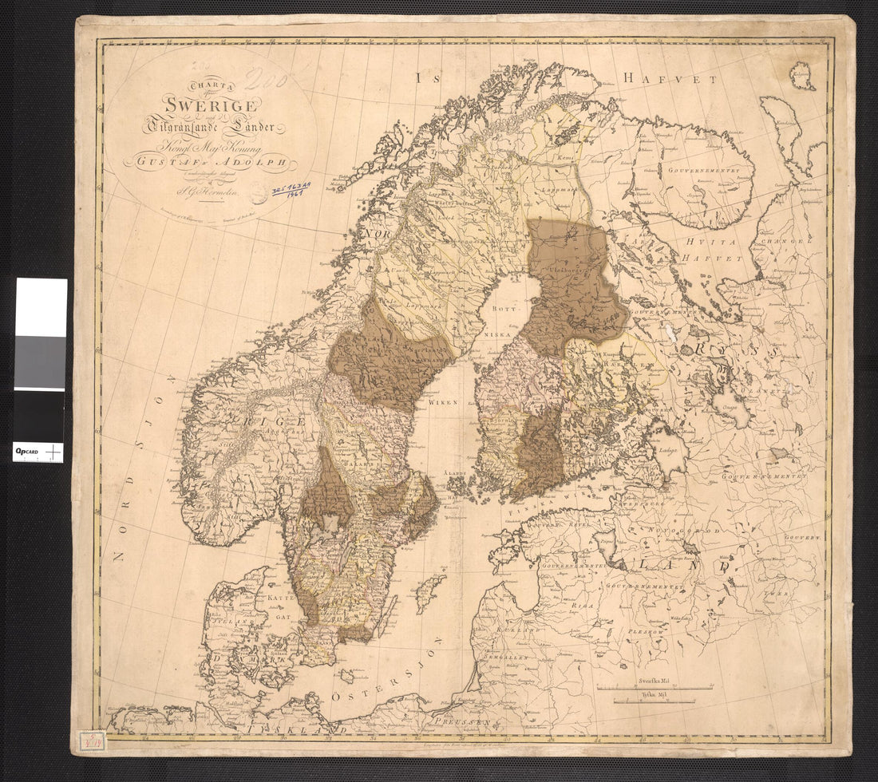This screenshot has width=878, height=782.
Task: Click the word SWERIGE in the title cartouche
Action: click(x=210, y=104)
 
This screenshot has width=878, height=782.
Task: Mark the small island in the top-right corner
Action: click(x=802, y=76)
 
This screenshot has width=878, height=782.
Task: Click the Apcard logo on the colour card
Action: click(x=30, y=452)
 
